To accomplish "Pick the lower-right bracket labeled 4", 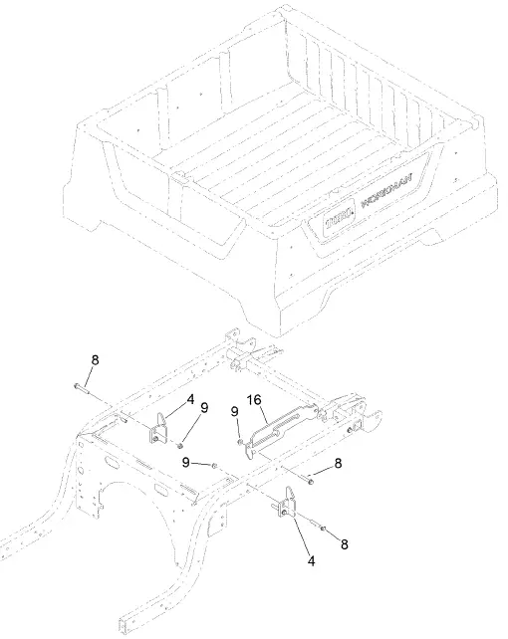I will [288, 507].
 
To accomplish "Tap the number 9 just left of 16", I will [234, 411].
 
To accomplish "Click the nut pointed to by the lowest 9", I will [216, 464].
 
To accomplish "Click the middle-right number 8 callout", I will [340, 463].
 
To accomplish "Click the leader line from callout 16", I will [264, 414].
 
